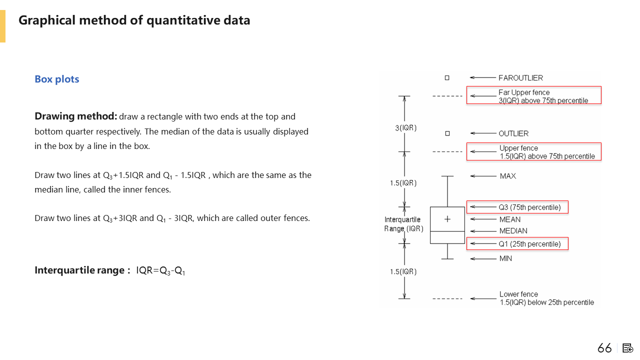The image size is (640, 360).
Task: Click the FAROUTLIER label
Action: coord(520,78)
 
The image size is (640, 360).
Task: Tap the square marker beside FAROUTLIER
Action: coord(447,78)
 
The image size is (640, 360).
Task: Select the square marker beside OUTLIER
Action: coord(447,133)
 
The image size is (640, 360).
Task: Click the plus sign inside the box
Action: coord(447,219)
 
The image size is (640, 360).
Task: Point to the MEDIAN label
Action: coord(513,231)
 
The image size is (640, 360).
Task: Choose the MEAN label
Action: coord(509,219)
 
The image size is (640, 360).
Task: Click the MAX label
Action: coord(508,176)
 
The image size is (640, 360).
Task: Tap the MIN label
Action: coord(505,258)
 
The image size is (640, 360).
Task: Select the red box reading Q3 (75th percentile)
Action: coord(517,207)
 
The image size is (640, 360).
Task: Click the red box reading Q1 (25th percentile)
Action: coord(517,244)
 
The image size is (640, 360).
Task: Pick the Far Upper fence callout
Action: coord(533,95)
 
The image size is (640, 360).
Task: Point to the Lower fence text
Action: coord(546,298)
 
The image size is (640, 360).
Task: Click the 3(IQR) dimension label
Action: coord(405,128)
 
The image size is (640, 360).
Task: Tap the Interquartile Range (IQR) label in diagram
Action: coord(403,224)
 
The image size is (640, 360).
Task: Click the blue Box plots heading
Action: coord(57,79)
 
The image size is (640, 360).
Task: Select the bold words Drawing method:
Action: coord(75,116)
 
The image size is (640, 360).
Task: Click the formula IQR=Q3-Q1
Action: coord(160,271)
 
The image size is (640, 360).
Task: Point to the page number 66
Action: coord(604,348)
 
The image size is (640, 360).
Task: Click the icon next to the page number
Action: coord(628,348)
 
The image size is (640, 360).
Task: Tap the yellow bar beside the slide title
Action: coord(2,26)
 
